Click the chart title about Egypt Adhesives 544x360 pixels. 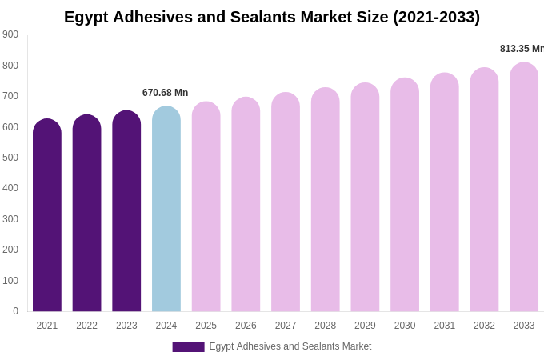click(x=272, y=17)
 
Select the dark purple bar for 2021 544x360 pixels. click(x=47, y=216)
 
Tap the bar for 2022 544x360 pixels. click(x=86, y=214)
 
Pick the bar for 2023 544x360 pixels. click(x=126, y=211)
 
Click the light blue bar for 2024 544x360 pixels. click(x=166, y=210)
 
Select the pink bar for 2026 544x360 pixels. click(x=246, y=205)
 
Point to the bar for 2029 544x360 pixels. click(x=365, y=198)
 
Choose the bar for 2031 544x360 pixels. click(x=445, y=193)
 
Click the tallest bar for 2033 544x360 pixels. click(x=524, y=187)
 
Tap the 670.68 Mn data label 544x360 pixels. click(x=165, y=93)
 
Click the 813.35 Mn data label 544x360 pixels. click(x=522, y=49)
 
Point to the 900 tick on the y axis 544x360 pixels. click(x=10, y=34)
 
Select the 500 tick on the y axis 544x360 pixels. click(x=10, y=158)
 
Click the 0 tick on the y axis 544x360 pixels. click(x=15, y=311)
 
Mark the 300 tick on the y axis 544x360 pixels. click(x=10, y=219)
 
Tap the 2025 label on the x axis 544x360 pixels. click(x=206, y=326)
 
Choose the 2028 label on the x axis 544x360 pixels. click(x=325, y=326)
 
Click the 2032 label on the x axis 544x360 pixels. click(x=484, y=326)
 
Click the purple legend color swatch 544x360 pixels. click(x=188, y=347)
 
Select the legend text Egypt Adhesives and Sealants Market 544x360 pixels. click(x=290, y=346)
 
